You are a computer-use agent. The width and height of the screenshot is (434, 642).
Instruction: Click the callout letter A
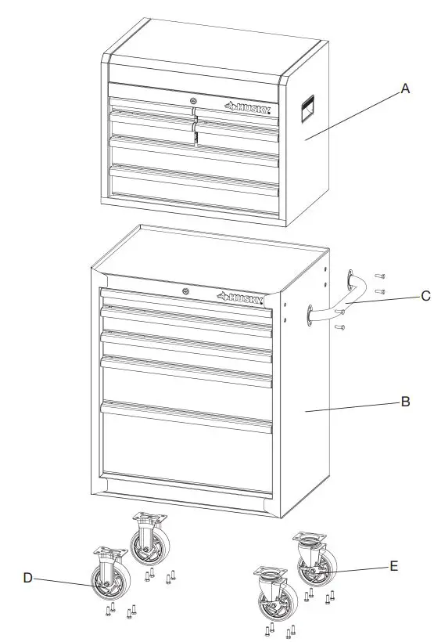pos(405,89)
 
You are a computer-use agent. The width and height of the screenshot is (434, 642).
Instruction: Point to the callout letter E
pos(394,564)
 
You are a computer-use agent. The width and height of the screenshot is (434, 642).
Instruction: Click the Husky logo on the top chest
pos(247,107)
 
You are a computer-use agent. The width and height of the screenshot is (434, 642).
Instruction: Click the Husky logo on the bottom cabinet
pos(242,297)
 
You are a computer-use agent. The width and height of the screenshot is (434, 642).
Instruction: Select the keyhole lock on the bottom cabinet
pos(185,291)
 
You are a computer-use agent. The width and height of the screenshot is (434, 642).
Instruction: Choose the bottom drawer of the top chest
pos(194,189)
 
